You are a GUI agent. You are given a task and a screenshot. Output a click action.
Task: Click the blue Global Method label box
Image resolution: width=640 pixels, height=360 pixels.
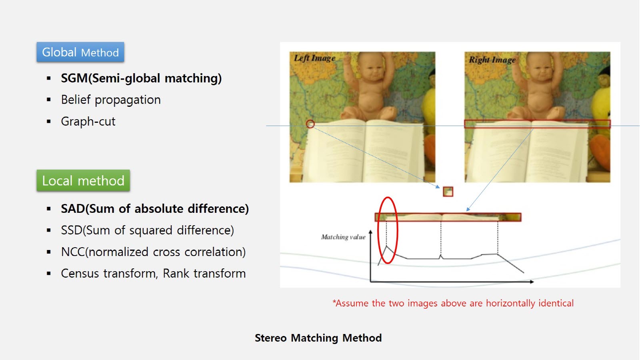coord(80,52)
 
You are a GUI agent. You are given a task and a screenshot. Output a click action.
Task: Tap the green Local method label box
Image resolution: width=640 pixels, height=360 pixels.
coord(83,180)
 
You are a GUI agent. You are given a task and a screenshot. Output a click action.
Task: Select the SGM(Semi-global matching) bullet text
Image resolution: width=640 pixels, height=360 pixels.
coord(141,78)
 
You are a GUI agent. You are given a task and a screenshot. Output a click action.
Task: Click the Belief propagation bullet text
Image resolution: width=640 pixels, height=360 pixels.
coord(111,100)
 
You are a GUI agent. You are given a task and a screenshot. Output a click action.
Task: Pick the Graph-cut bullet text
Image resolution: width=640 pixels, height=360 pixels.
coord(88,122)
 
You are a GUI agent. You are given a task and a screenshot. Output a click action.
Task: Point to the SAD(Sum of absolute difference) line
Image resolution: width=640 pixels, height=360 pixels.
coord(155,208)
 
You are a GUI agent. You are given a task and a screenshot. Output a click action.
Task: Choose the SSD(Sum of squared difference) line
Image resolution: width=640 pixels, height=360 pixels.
coord(148,230)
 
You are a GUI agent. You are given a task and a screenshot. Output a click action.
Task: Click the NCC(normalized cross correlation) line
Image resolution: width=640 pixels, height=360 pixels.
coord(154,252)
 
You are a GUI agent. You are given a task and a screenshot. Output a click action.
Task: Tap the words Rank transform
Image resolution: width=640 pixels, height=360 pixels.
coord(204,274)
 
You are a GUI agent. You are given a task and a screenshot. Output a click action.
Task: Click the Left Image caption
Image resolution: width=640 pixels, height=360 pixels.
coord(314,58)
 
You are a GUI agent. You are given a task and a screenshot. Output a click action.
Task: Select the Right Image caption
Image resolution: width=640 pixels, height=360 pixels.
coord(492,60)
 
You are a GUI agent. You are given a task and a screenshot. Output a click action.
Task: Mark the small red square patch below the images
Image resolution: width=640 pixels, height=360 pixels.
coord(448,192)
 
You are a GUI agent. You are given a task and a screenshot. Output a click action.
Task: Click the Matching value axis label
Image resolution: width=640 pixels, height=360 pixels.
coord(343,237)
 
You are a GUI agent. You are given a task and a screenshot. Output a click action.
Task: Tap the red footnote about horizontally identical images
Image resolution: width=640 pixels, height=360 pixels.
coord(453,303)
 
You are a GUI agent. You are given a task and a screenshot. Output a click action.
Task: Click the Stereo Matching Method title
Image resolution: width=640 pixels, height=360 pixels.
coord(318,338)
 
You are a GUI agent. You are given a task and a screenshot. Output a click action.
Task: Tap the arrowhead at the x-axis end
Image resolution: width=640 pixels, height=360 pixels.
coord(532,282)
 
